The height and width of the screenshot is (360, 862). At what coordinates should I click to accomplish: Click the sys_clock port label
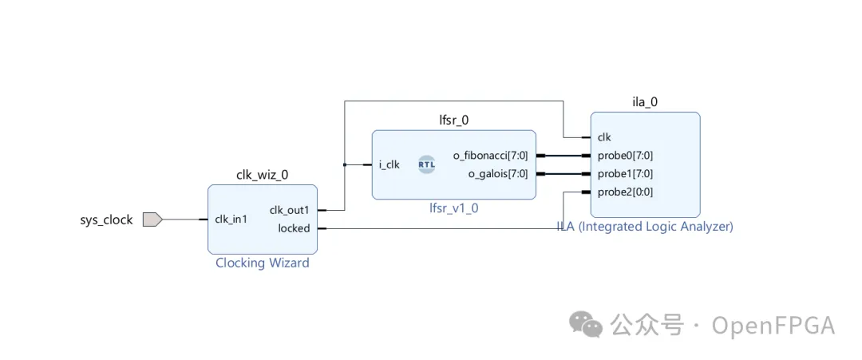[106, 220]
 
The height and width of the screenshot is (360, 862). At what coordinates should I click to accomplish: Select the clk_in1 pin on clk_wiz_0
[231, 220]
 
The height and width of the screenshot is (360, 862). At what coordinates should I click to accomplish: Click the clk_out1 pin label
[289, 210]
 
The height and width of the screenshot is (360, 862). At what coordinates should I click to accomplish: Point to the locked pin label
[294, 228]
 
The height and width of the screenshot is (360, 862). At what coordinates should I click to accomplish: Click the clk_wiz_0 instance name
[262, 176]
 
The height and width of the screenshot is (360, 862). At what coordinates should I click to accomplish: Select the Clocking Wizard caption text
[262, 263]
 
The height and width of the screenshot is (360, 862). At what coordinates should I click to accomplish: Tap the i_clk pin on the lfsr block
[389, 164]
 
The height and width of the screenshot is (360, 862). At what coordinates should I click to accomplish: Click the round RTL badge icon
[427, 164]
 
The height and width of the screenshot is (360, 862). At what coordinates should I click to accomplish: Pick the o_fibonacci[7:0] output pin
[490, 155]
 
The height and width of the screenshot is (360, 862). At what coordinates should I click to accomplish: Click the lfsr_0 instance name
[453, 121]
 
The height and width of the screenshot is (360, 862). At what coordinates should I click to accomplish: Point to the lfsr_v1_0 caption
[453, 208]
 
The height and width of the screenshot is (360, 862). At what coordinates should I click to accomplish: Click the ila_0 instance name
[644, 102]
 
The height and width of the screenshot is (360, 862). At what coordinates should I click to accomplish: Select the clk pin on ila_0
[604, 136]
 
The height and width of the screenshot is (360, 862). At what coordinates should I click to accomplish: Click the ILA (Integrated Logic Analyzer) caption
[644, 226]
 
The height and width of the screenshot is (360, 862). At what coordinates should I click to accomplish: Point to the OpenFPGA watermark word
[773, 326]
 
